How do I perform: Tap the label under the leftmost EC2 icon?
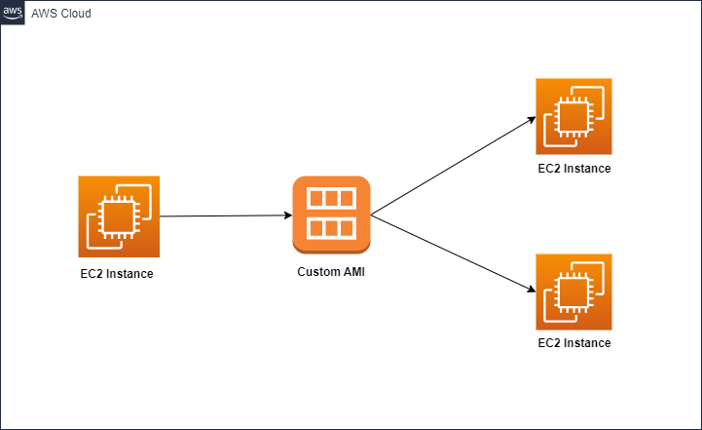[x=117, y=274]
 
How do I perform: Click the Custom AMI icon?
[x=331, y=215]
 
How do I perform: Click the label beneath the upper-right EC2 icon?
[x=574, y=169]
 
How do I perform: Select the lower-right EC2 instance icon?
[x=574, y=293]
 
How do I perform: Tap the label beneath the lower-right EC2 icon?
[x=574, y=343]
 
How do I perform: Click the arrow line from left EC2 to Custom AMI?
[x=224, y=216]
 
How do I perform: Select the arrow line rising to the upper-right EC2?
[x=453, y=167]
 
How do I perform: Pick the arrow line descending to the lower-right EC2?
[x=453, y=254]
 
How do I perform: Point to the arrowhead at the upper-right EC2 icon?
[x=531, y=120]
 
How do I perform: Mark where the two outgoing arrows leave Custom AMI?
[x=371, y=215]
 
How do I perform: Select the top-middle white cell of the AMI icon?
[x=331, y=199]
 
